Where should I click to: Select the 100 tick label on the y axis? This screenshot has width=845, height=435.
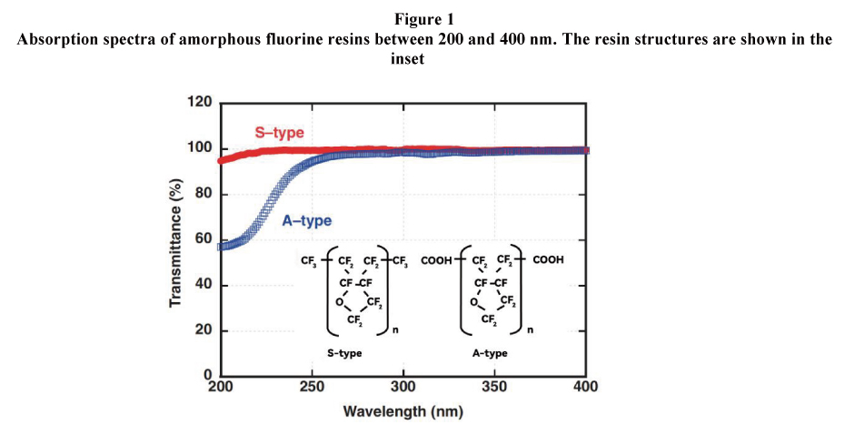(x=200, y=148)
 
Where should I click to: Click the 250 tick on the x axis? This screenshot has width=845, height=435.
(x=312, y=386)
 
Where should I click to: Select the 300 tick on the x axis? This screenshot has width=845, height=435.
(x=403, y=386)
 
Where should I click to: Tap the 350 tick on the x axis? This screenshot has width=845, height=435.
(x=495, y=386)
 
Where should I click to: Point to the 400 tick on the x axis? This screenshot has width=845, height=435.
(x=586, y=386)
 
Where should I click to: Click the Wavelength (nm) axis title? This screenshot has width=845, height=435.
(x=403, y=411)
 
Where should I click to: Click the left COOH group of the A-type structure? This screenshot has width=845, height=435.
(x=436, y=260)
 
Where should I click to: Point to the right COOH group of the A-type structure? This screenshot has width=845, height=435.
(x=548, y=260)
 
